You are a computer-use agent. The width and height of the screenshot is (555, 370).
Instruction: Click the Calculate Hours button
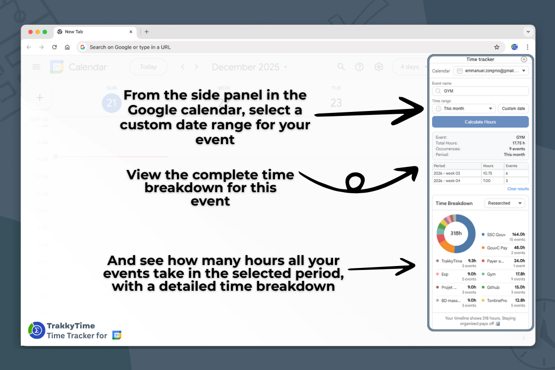(480, 122)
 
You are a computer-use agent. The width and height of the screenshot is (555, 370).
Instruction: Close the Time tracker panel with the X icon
(524, 59)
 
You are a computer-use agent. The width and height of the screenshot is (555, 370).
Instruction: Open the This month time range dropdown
(463, 108)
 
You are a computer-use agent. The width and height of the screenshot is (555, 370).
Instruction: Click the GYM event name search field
(480, 91)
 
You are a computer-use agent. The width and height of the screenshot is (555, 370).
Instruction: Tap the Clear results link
(518, 189)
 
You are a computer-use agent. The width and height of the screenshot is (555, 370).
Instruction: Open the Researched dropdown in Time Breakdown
(505, 203)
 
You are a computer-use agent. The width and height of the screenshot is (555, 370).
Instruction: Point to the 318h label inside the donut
(456, 233)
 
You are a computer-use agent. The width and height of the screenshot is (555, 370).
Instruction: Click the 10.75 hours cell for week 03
(492, 173)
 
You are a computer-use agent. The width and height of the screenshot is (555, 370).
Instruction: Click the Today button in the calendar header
(148, 67)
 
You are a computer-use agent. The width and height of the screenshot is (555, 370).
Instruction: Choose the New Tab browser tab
(94, 32)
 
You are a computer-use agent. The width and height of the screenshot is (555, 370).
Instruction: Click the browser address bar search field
(287, 47)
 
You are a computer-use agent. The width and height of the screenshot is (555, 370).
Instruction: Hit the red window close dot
(31, 32)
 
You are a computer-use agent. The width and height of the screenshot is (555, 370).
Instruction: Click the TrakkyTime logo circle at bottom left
(37, 330)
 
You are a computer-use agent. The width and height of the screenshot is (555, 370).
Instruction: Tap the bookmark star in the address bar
(497, 47)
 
